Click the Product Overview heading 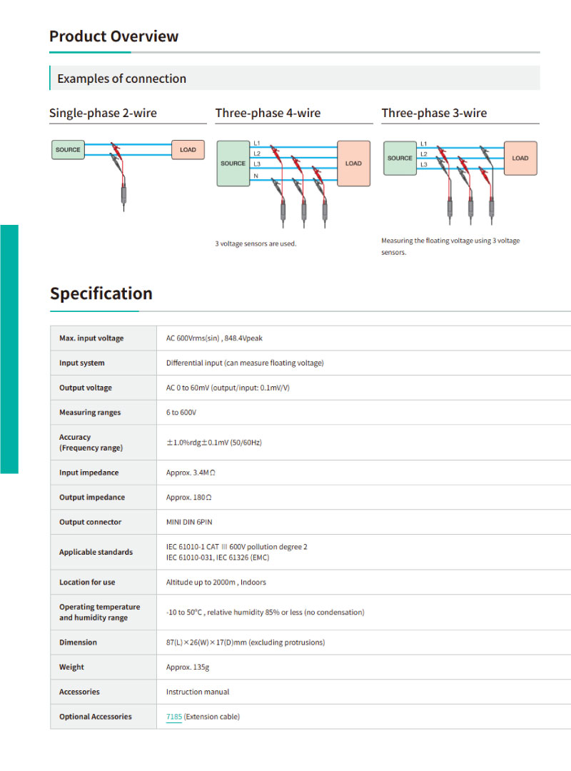(x=113, y=36)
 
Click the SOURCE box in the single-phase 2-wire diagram (x=68, y=150)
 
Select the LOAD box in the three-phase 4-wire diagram (x=353, y=163)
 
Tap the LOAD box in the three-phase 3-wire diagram (x=520, y=158)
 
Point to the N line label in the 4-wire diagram (x=256, y=176)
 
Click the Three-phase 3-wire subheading (x=434, y=113)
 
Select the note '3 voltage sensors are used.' (x=256, y=243)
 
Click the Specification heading (x=101, y=293)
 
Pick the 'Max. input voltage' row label (x=91, y=338)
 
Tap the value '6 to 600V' (x=181, y=413)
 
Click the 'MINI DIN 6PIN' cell (x=189, y=522)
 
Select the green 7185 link (x=174, y=717)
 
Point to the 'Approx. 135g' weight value (x=188, y=667)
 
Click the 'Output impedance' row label (x=92, y=498)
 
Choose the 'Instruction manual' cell (x=198, y=692)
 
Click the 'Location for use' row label (x=87, y=583)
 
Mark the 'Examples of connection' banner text (x=122, y=79)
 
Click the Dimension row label (x=79, y=642)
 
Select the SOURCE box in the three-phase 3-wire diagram (x=400, y=158)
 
